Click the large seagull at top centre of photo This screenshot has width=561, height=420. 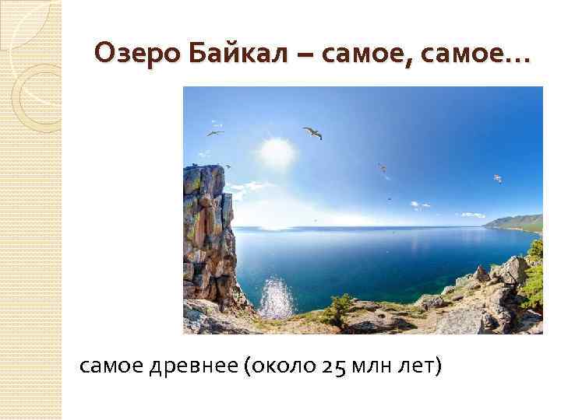click(x=312, y=133)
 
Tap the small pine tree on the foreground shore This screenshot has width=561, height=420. click(x=340, y=308)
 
